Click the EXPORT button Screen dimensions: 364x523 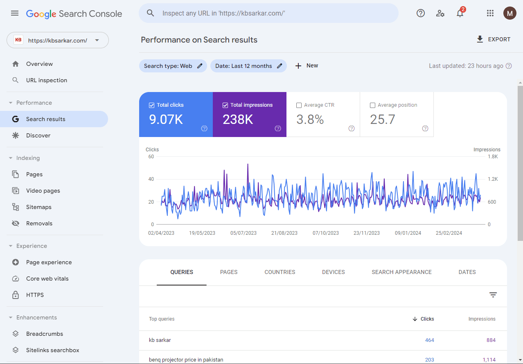tap(494, 39)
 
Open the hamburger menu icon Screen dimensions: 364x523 tap(15, 13)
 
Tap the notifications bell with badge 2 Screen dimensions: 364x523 tap(460, 13)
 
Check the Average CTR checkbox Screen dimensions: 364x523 tap(299, 105)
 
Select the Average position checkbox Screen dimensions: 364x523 tap(372, 105)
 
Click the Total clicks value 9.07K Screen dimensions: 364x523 tap(166, 119)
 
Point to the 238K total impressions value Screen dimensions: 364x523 tap(238, 119)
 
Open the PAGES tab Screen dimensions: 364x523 tap(229, 272)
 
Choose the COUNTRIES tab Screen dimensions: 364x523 tap(280, 272)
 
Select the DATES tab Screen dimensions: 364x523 tap(467, 272)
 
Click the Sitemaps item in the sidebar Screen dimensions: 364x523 tap(39, 207)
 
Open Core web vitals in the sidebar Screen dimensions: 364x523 tap(47, 279)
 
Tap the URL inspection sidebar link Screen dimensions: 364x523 tap(47, 80)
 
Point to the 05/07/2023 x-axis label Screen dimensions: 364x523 tap(243, 233)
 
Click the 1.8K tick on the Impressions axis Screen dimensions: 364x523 tap(493, 157)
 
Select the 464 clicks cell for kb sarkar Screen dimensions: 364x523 tap(429, 340)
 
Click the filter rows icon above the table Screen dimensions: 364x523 tap(493, 295)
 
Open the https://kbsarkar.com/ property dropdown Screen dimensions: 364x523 tap(58, 40)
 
